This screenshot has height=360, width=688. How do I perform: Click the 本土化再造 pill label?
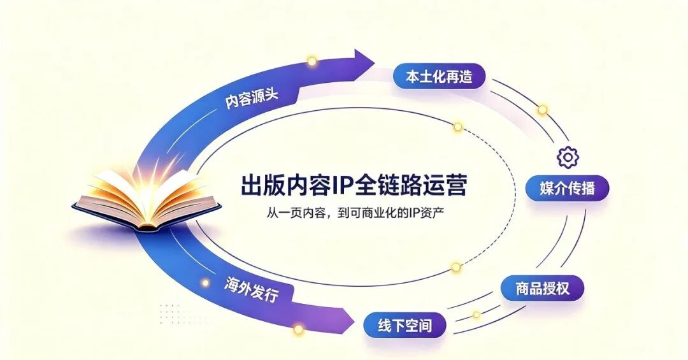(439, 76)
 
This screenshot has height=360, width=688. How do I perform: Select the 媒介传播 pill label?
(568, 189)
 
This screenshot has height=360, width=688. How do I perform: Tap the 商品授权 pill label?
(542, 289)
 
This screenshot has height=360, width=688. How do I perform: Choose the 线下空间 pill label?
(405, 326)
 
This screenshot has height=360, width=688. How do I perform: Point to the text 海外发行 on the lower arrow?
(251, 289)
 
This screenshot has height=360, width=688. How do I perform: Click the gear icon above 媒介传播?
(568, 157)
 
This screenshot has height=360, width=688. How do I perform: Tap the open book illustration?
(147, 198)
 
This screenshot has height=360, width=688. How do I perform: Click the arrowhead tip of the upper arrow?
(375, 63)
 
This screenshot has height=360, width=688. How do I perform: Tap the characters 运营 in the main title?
(445, 185)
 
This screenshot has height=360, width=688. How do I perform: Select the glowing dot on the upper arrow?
(312, 61)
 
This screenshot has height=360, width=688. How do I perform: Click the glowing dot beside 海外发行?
(205, 283)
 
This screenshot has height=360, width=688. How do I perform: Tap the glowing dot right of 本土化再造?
(542, 110)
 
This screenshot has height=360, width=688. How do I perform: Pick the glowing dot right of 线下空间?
(476, 315)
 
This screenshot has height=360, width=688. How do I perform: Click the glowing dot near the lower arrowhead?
(298, 329)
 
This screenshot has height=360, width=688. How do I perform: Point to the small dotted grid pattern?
(171, 313)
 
